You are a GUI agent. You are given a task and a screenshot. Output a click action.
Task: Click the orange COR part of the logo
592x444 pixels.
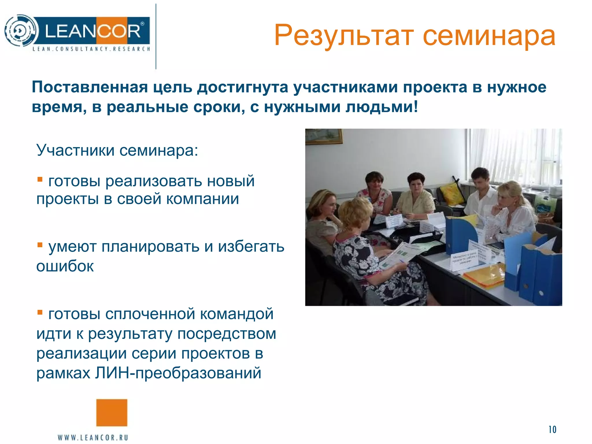119,31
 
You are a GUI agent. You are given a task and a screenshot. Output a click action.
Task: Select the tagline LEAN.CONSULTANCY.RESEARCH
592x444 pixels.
91,49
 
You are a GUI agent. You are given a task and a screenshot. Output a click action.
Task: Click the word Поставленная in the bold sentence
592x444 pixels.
90,87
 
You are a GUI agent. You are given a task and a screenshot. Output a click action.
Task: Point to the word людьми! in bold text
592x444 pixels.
382,107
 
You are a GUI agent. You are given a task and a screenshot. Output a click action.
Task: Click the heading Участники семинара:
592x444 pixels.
117,150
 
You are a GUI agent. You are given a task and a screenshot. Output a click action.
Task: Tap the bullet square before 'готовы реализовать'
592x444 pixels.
40,180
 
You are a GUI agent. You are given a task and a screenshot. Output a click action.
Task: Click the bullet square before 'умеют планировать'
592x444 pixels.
40,245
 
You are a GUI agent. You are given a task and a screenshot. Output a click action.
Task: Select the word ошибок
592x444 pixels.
65,266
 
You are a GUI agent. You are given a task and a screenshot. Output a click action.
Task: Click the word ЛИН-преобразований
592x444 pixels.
178,373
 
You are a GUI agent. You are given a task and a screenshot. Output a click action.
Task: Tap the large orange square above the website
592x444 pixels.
112,412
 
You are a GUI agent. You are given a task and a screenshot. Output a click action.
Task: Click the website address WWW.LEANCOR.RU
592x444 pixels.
93,437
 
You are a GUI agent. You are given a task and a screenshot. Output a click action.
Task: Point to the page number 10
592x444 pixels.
552,430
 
